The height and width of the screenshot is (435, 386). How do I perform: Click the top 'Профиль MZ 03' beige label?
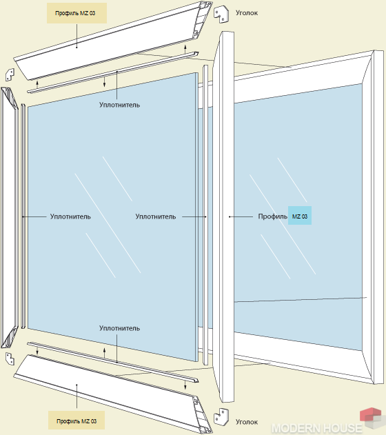click(77, 13)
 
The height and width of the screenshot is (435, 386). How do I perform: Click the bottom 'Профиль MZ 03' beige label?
click(77, 421)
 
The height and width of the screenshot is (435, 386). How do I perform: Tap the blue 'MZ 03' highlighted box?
click(300, 216)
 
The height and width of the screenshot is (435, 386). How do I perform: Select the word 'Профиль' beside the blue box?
click(272, 216)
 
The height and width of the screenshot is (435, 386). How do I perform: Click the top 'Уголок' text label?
click(247, 13)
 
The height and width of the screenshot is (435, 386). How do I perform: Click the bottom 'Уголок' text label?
click(247, 422)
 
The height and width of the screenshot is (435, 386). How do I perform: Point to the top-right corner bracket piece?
click(221, 14)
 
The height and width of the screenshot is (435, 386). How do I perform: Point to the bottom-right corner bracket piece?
click(221, 416)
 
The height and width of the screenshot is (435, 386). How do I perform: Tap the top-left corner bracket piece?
click(10, 74)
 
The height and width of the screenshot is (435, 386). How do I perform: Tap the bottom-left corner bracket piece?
click(10, 358)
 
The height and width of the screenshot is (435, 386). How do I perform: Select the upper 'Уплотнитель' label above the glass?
click(119, 105)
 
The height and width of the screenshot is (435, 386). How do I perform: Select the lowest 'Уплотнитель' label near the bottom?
click(119, 328)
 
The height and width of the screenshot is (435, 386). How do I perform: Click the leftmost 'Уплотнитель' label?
click(70, 216)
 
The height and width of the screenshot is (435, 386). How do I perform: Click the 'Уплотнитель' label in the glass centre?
click(156, 216)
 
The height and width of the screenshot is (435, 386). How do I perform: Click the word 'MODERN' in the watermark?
click(300, 428)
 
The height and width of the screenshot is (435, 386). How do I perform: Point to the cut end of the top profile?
click(203, 19)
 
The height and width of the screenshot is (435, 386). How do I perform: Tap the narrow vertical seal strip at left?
click(23, 216)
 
